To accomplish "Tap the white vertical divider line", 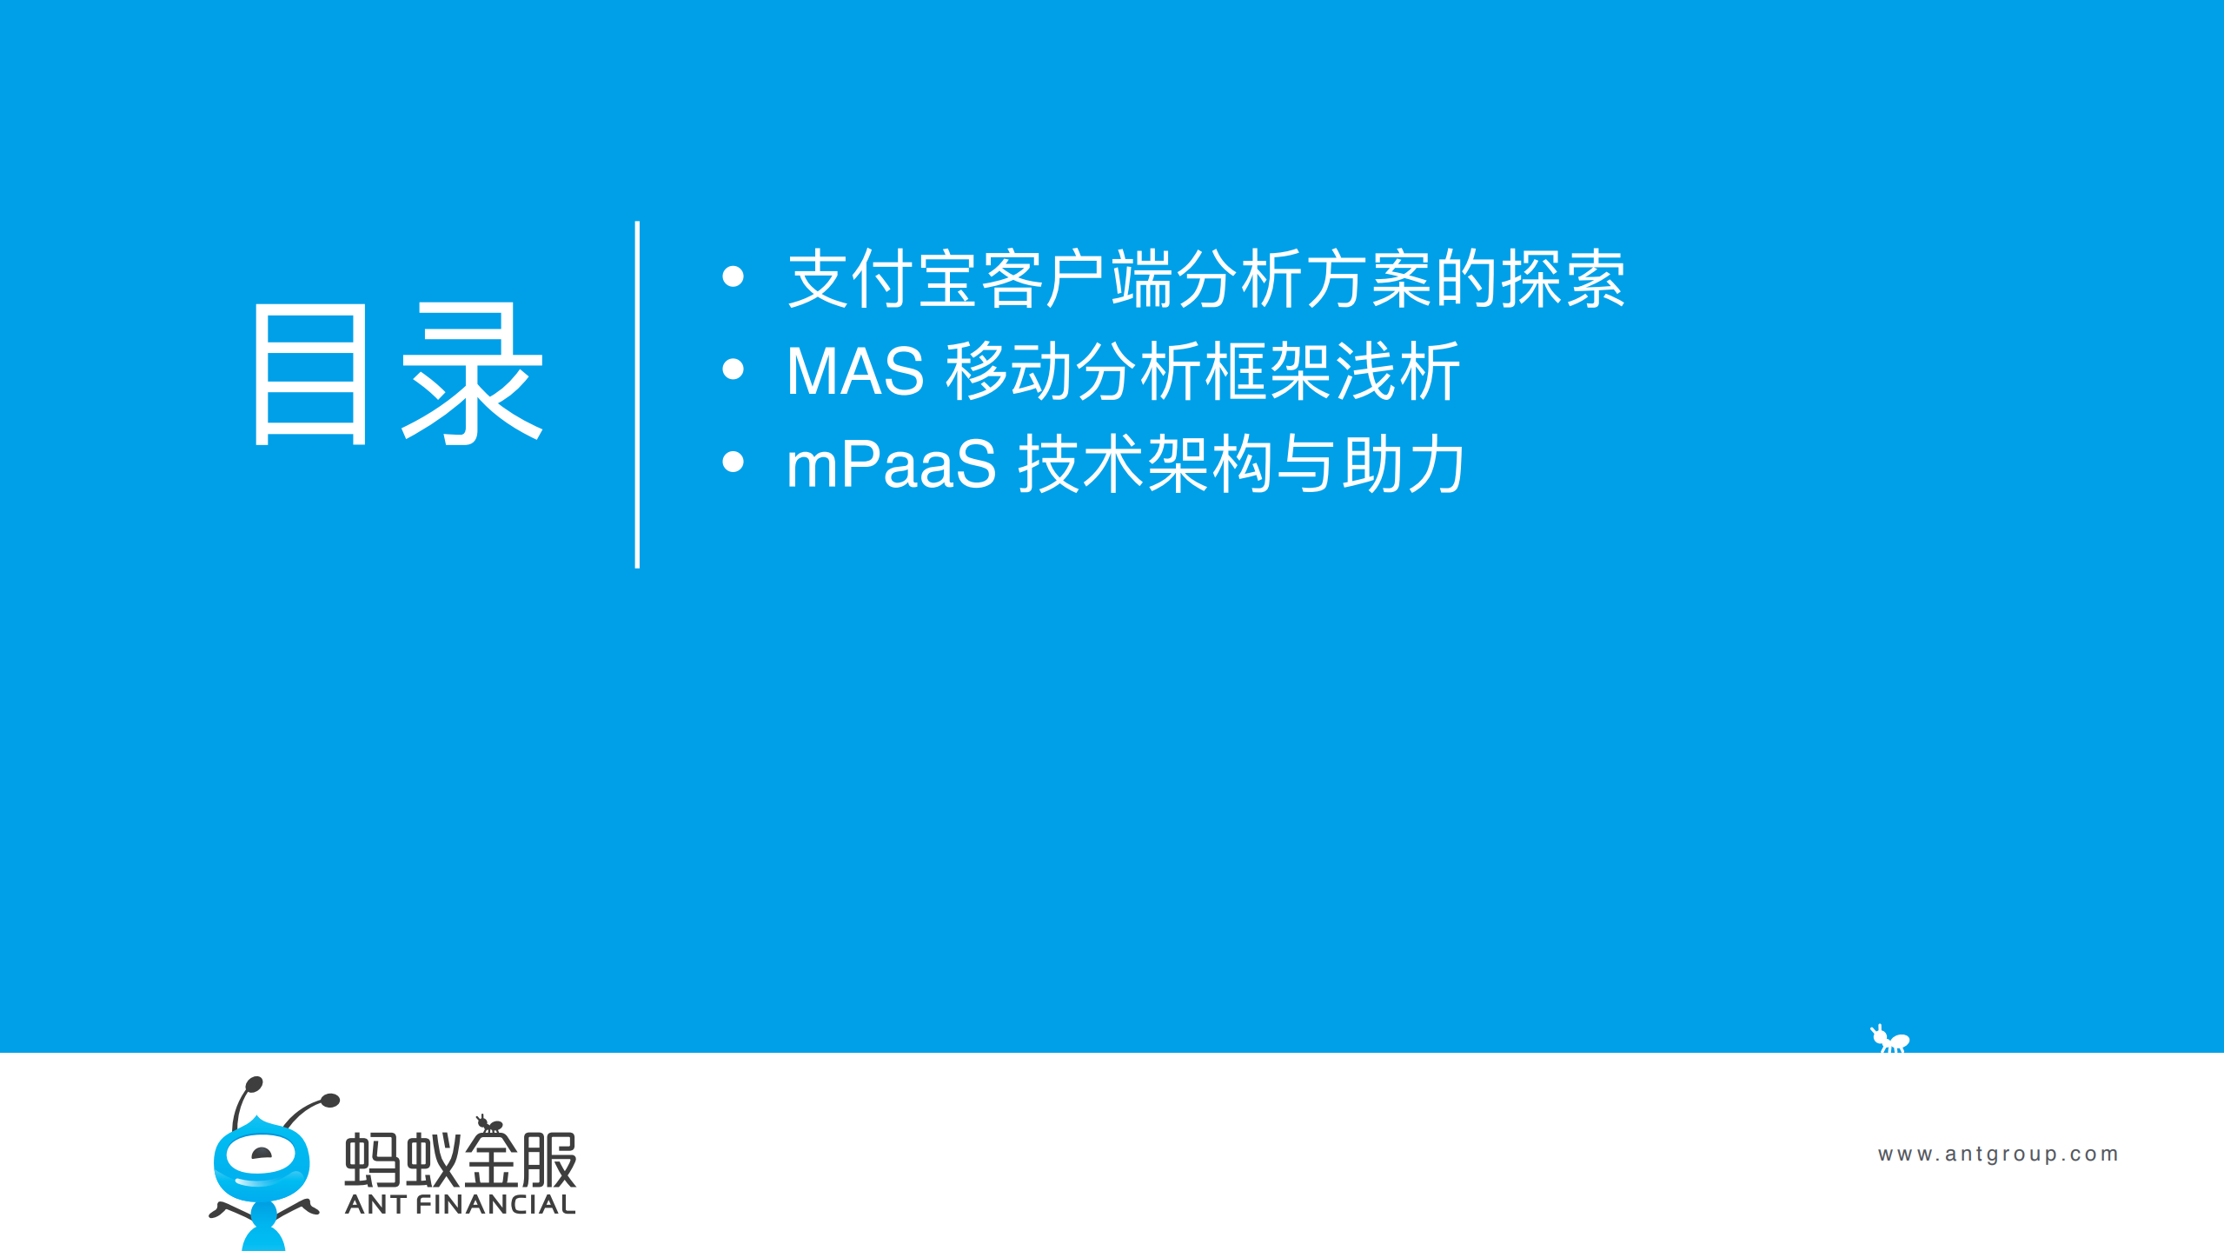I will (x=637, y=395).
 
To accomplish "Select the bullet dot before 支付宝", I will (x=733, y=276).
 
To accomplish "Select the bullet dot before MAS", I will (x=733, y=369).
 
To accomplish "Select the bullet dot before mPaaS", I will (x=733, y=462).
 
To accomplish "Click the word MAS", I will (x=855, y=371).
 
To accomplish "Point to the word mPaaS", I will (x=891, y=464).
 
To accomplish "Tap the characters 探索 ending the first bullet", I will (x=1563, y=279).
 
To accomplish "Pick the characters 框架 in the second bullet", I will (x=1268, y=371).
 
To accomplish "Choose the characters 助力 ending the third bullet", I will (x=1404, y=464).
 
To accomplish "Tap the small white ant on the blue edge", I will (x=1890, y=1039).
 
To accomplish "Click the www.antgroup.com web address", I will (x=1997, y=1154).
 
